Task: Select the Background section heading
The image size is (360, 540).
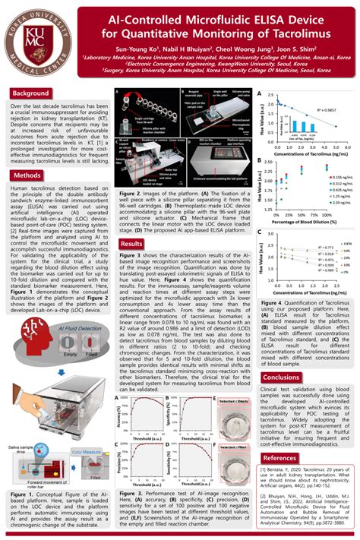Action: coord(30,93)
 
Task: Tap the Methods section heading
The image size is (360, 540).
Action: coord(27,175)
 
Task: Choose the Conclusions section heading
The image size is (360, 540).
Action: coord(280,377)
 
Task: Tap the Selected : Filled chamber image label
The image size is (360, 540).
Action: coord(231,450)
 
